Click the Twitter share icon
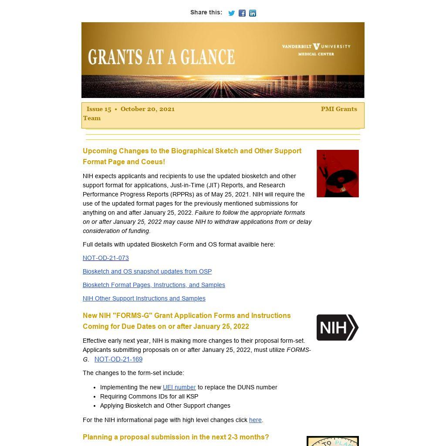coord(231,13)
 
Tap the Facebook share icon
coord(242,13)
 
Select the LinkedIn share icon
coord(253,13)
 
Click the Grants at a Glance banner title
coord(161,57)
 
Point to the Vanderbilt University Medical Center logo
coord(316,49)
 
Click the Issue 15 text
coord(99,109)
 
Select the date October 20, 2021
coord(148,109)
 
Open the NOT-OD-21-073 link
coord(106,258)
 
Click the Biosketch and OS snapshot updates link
coord(147,271)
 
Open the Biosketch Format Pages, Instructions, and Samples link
coord(154,285)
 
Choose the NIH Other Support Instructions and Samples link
coord(144,298)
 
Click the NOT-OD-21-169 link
coord(118,359)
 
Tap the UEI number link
coord(179,387)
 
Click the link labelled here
coord(255,420)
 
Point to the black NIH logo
coord(337,328)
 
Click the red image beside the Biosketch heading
coord(338,173)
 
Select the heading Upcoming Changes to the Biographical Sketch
coord(192,156)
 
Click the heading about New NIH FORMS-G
coord(186,321)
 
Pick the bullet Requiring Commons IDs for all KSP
coord(149,396)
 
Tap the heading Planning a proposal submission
coord(176,437)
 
